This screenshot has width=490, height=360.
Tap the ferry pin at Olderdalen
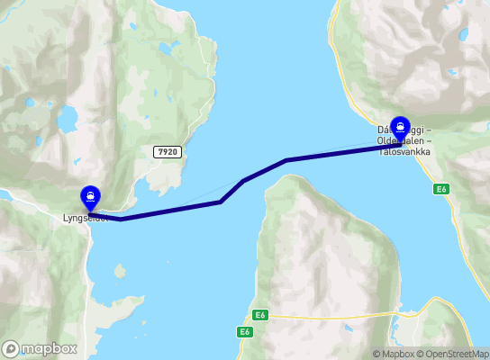tap(400, 129)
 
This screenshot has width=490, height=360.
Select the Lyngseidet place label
tap(85, 218)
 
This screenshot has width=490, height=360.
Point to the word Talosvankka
tap(404, 151)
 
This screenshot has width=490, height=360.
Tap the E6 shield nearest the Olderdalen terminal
tap(440, 189)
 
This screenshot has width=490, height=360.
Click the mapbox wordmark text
tap(50, 348)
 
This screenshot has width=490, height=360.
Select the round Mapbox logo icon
tap(11, 348)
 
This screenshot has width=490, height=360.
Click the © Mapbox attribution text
tap(393, 354)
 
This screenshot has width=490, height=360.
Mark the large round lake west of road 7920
tap(67, 118)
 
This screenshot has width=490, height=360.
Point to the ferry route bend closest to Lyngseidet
tap(121, 218)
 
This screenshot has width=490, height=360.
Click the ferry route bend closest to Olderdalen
tap(286, 160)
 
